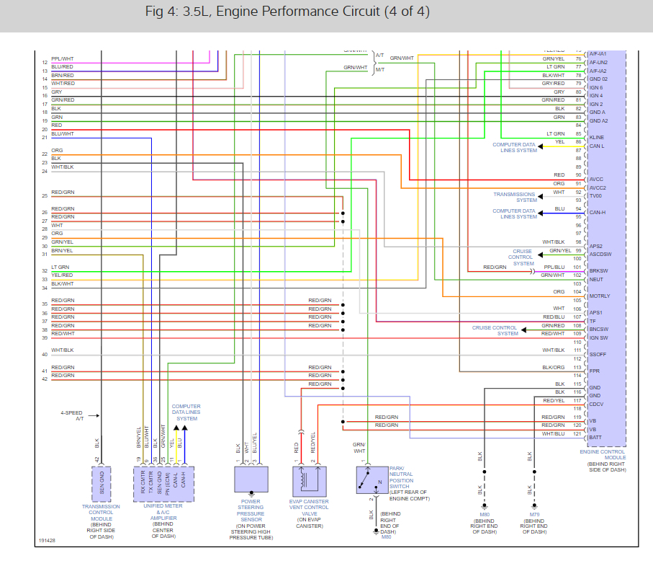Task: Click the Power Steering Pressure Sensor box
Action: pyautogui.click(x=252, y=480)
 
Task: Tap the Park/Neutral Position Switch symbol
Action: pyautogui.click(x=371, y=480)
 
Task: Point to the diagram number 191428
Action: pyautogui.click(x=47, y=539)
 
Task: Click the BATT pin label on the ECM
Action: pyautogui.click(x=595, y=438)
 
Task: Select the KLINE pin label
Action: pyautogui.click(x=597, y=137)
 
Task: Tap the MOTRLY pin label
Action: pyautogui.click(x=599, y=296)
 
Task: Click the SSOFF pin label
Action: pyautogui.click(x=598, y=354)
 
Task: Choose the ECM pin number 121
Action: pyautogui.click(x=577, y=433)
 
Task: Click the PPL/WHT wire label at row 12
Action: pyautogui.click(x=63, y=58)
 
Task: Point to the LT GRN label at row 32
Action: pyautogui.click(x=60, y=267)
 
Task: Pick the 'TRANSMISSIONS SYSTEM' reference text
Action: pyautogui.click(x=515, y=197)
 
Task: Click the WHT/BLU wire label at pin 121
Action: pyautogui.click(x=553, y=433)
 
